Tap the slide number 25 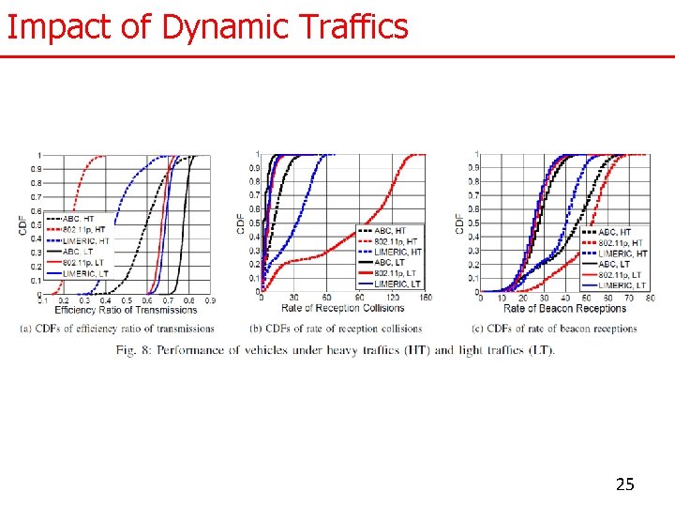[624, 484]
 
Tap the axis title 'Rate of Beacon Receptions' [564, 308]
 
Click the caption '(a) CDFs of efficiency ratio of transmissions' [117, 329]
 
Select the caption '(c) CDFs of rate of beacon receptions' [554, 329]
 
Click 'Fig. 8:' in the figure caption [137, 350]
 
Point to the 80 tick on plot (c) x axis [651, 299]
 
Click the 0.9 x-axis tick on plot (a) [209, 300]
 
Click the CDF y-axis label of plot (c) [459, 223]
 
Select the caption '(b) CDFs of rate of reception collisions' [336, 329]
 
